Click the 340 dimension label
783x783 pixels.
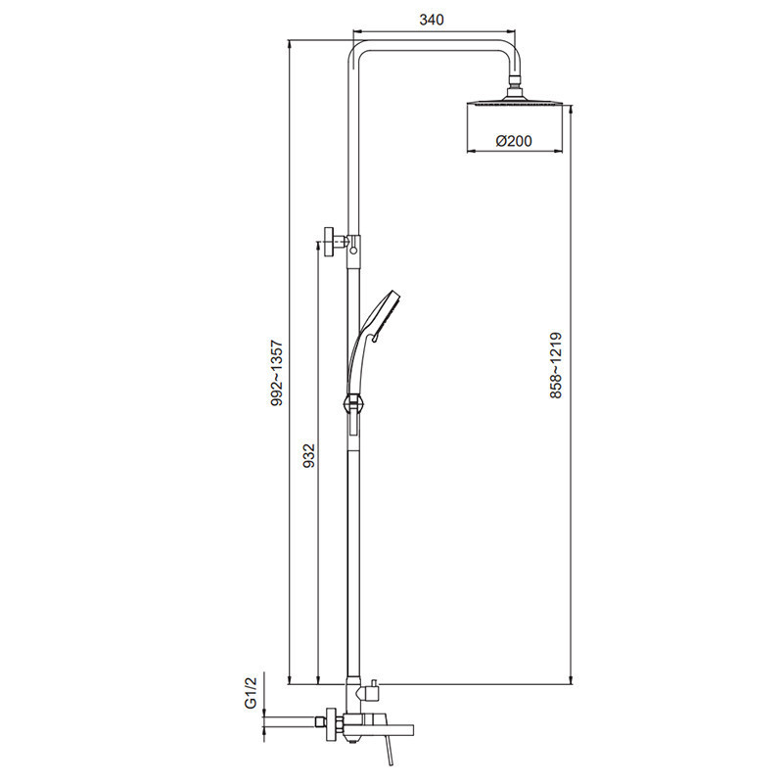(x=432, y=20)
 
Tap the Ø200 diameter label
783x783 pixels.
(x=514, y=141)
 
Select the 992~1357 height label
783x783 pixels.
(x=277, y=373)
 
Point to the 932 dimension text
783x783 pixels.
(x=309, y=455)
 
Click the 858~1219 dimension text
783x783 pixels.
(x=556, y=365)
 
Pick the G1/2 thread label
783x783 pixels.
(x=251, y=692)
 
